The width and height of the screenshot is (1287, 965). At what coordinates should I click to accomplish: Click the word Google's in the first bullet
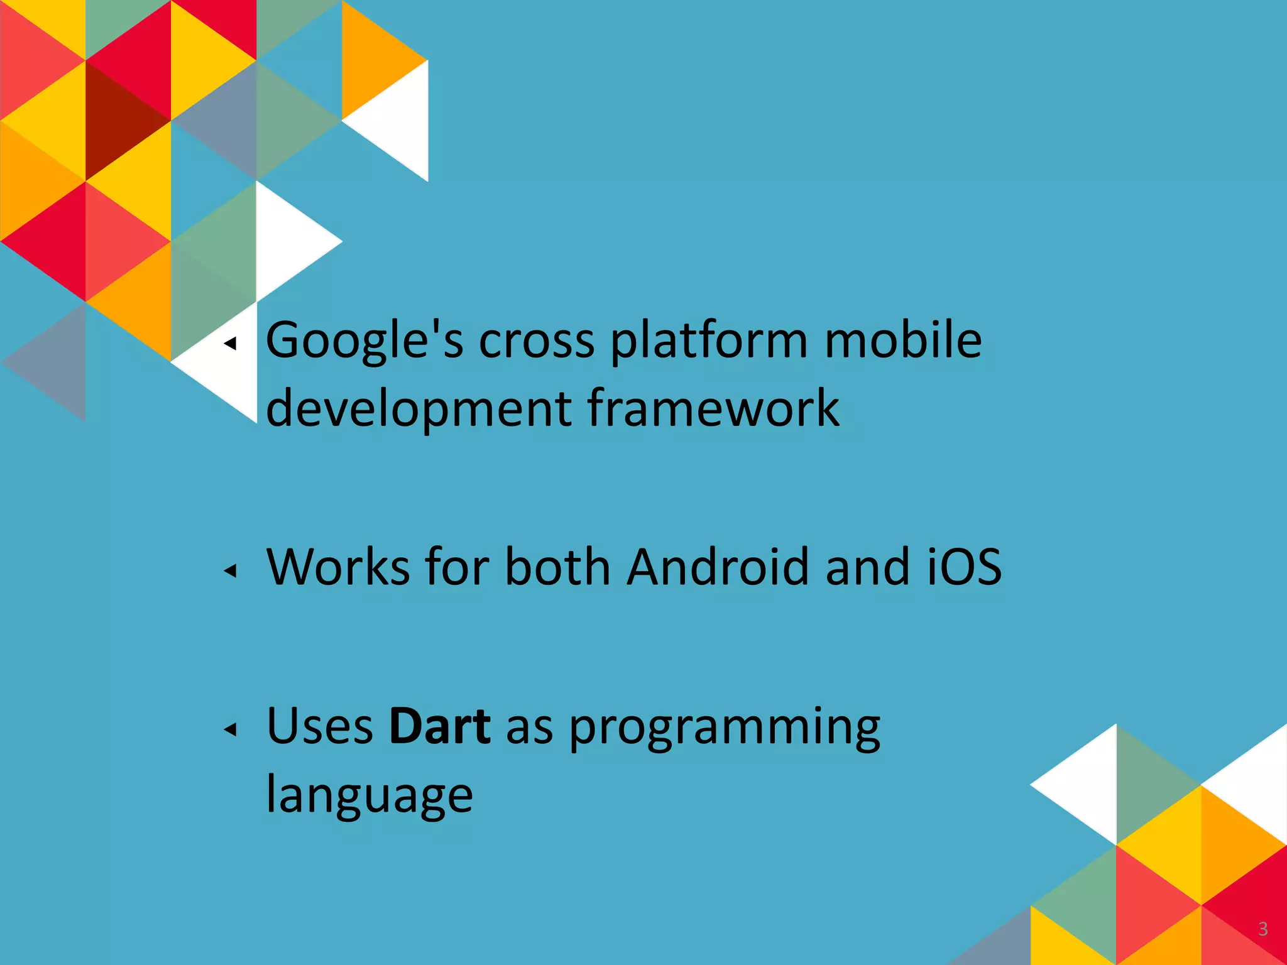364,341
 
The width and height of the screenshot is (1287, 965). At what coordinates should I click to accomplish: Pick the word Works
338,567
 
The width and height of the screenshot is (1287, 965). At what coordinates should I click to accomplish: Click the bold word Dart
439,726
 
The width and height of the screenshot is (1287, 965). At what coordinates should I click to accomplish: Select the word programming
725,729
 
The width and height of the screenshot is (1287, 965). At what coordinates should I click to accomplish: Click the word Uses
320,726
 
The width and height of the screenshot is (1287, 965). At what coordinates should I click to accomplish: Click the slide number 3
1262,929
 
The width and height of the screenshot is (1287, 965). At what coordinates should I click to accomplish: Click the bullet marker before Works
231,570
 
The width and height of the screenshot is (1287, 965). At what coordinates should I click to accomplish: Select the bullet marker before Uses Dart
231,729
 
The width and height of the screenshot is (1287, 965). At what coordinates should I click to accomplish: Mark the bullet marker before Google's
231,343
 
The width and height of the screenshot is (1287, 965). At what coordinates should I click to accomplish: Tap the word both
557,567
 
